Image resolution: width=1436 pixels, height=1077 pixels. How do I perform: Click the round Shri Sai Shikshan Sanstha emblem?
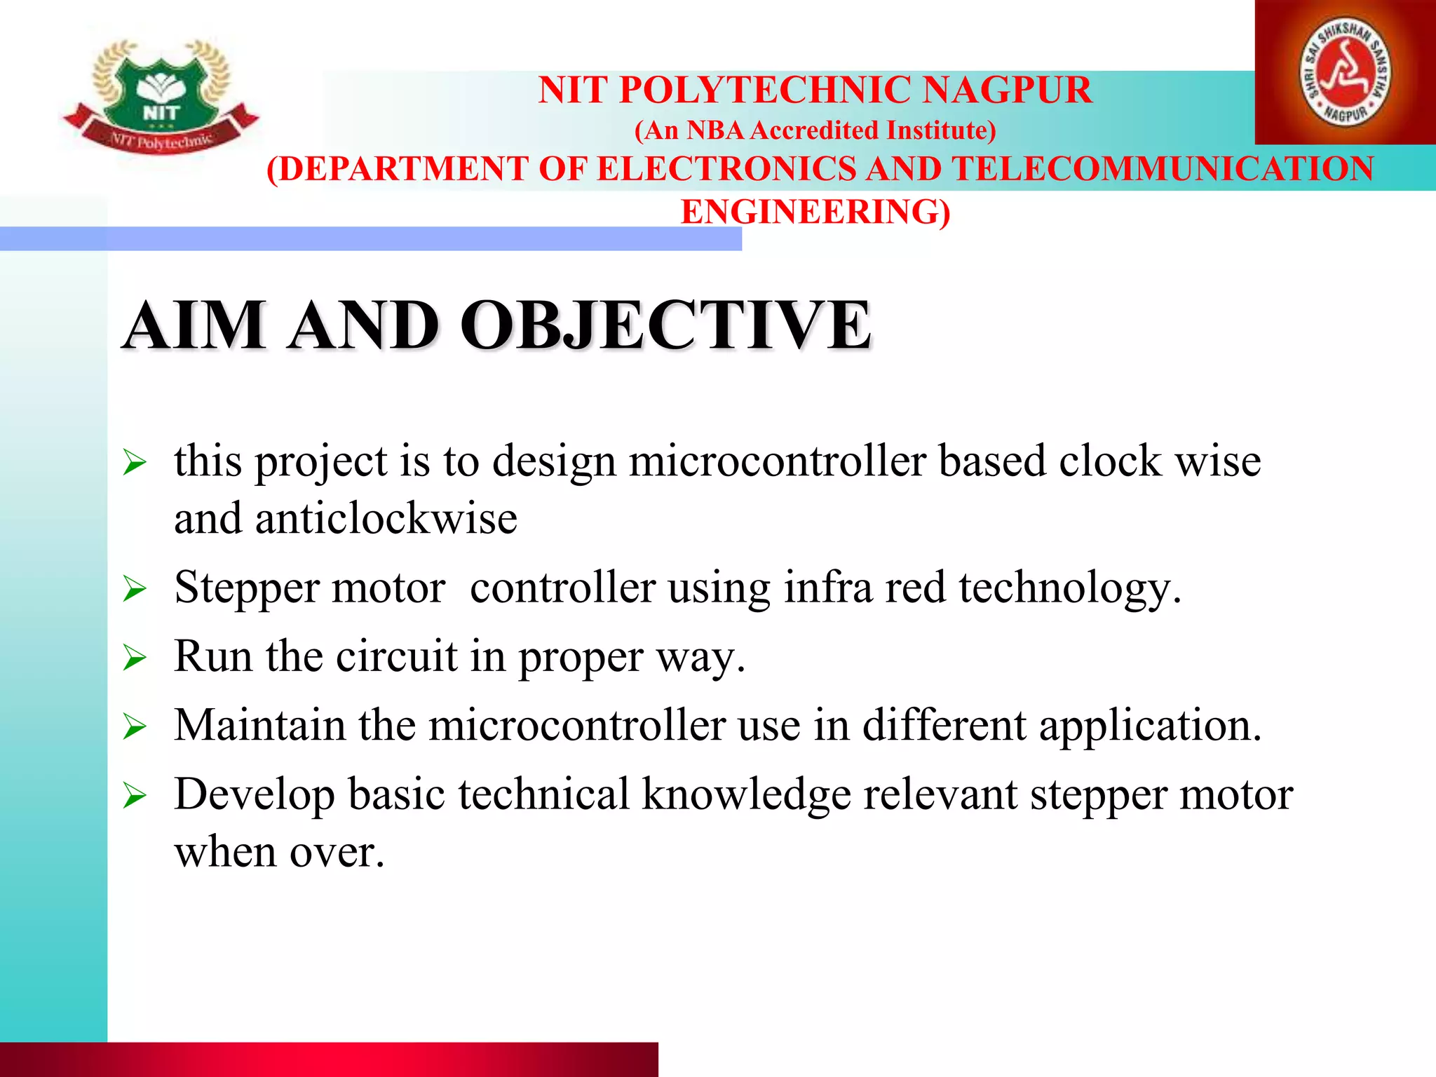point(1346,73)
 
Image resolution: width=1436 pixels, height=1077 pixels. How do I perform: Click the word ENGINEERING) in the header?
point(815,212)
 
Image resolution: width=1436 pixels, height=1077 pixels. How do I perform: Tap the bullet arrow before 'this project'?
point(135,463)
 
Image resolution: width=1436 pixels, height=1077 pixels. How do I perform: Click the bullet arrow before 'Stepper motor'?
point(135,589)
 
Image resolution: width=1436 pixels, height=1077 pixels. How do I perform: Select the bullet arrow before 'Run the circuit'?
point(135,658)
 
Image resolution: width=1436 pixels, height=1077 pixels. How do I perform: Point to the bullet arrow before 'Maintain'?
point(135,726)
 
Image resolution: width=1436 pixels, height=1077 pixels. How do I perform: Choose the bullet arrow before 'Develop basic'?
point(135,796)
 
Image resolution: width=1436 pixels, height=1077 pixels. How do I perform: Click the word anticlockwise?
point(386,520)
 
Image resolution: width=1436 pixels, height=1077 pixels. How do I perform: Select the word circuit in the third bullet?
point(397,657)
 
